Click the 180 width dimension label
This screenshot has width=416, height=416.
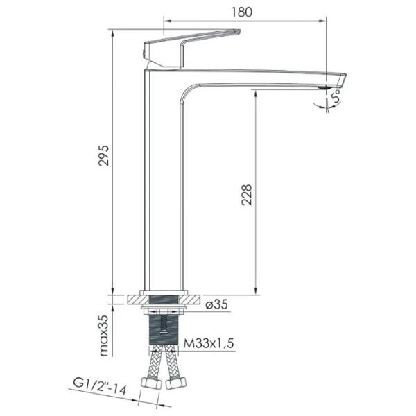(242, 12)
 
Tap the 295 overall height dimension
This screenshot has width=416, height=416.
(104, 155)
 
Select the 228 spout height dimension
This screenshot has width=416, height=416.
(246, 195)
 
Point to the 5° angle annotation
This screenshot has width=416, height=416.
(336, 96)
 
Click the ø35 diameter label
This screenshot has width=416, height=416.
(217, 304)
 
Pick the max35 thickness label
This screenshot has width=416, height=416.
(104, 336)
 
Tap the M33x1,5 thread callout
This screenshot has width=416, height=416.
(209, 343)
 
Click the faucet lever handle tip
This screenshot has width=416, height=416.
(238, 31)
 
